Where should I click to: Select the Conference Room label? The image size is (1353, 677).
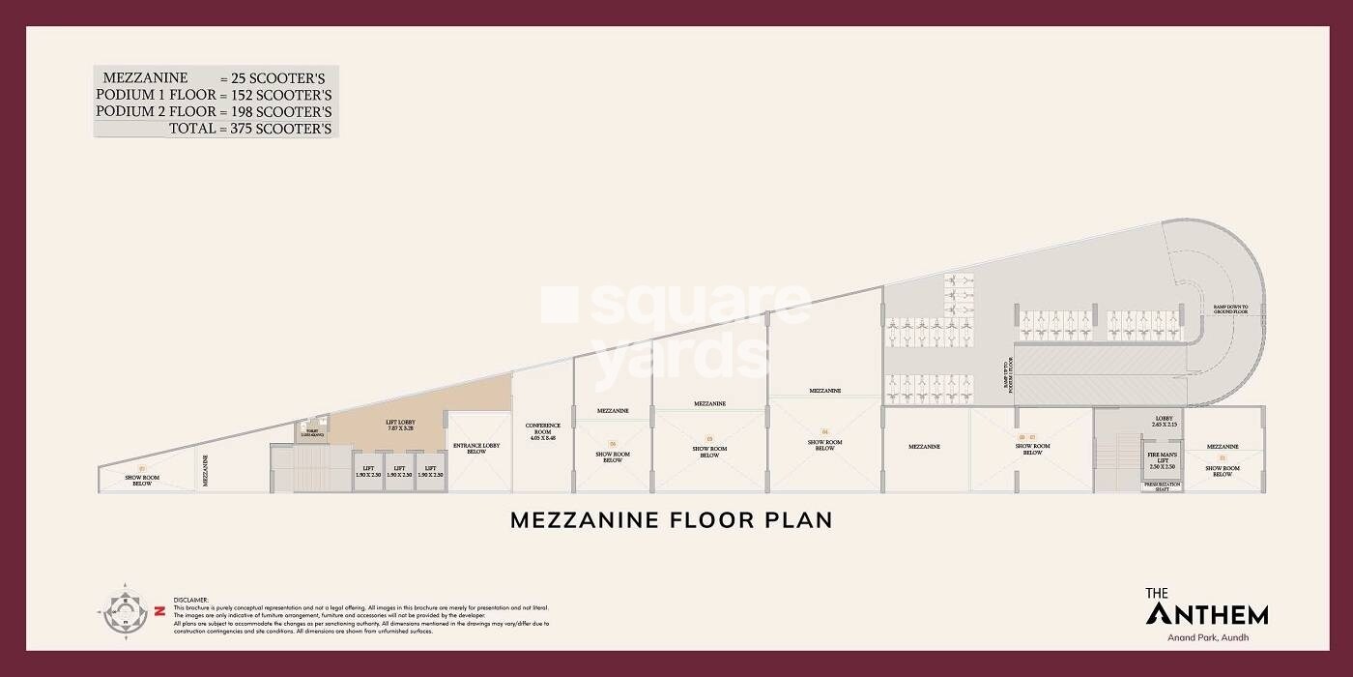point(542,431)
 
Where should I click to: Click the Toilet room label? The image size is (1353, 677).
point(314,433)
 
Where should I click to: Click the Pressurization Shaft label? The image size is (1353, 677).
point(1157,487)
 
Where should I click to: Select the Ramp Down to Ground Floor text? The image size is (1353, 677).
point(1231,309)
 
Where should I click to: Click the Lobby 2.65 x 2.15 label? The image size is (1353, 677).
point(1163,422)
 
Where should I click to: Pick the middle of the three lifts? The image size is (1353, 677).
point(399,471)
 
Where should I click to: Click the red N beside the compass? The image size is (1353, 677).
point(157,611)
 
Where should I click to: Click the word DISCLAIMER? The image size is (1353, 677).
point(191,600)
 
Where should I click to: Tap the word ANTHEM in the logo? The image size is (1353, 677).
point(1206,613)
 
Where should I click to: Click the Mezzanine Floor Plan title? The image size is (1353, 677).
point(671,519)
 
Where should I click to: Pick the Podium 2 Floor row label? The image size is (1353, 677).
point(155,111)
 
